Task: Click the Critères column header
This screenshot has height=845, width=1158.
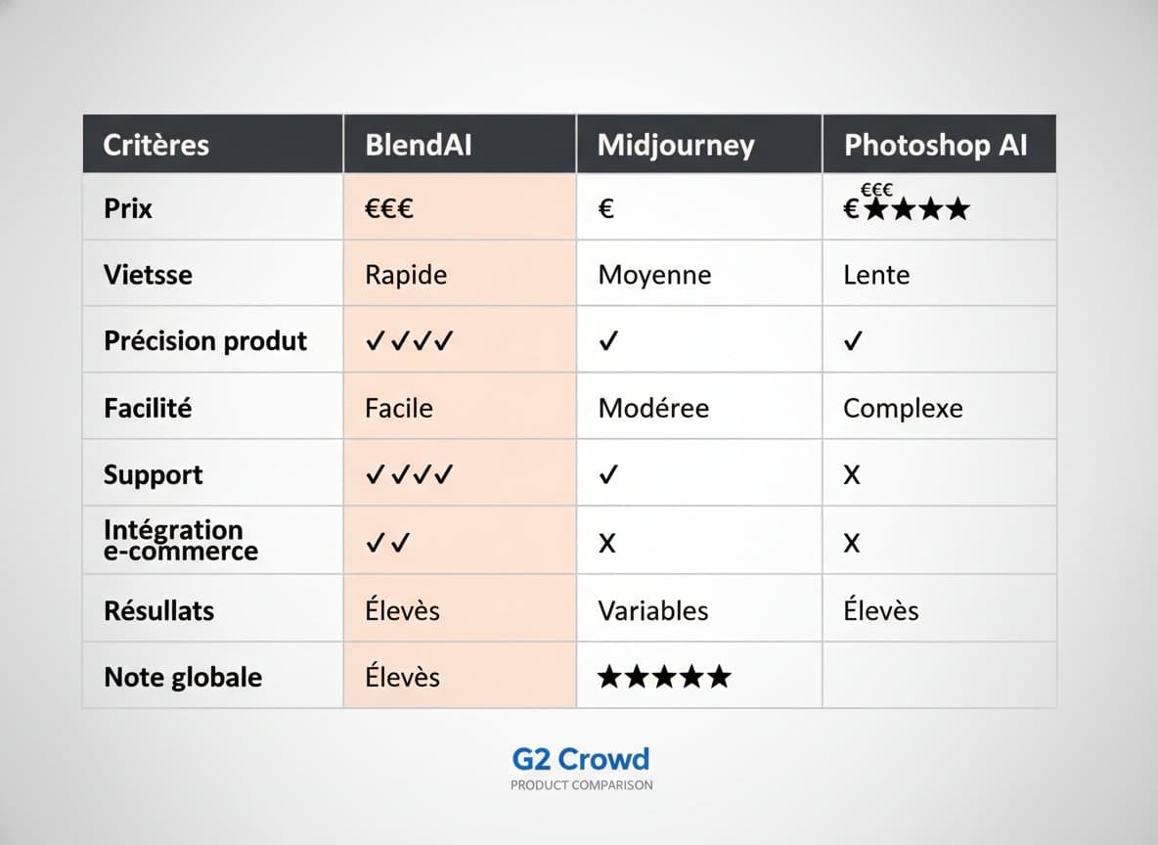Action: click(156, 145)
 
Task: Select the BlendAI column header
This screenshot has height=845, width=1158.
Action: click(419, 145)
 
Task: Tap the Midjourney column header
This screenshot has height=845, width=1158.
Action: click(676, 145)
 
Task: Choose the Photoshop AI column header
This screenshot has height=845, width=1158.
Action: click(936, 145)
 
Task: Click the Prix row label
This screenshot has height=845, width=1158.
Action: click(128, 208)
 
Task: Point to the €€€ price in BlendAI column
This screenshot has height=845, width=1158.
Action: click(389, 208)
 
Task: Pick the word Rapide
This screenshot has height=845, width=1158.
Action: click(406, 275)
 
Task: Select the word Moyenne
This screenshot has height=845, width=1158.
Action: click(654, 275)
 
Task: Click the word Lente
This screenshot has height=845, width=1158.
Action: click(876, 275)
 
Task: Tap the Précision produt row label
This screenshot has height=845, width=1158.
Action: click(205, 341)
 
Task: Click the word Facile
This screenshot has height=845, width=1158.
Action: click(399, 408)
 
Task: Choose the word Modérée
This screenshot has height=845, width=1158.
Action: click(652, 408)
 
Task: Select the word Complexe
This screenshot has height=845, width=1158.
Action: click(903, 408)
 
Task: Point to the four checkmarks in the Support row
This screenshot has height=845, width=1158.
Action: click(410, 475)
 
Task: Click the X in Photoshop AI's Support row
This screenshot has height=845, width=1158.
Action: click(852, 475)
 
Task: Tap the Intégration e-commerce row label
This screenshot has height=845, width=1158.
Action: click(180, 540)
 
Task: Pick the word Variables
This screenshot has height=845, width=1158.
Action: click(653, 610)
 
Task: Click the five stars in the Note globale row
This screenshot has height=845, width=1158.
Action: click(664, 677)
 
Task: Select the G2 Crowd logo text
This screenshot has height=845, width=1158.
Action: click(581, 759)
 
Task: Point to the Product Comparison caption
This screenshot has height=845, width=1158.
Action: click(581, 785)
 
